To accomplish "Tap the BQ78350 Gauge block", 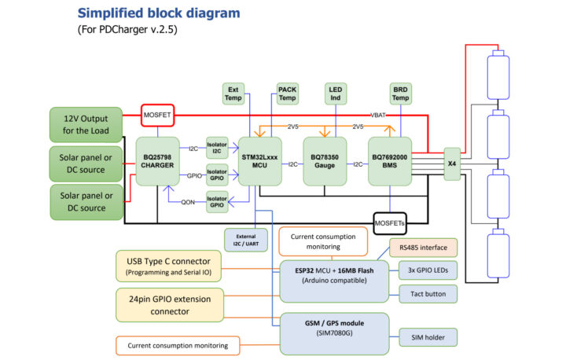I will [x=325, y=160].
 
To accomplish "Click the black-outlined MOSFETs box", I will [x=390, y=222].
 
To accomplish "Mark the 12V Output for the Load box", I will [x=86, y=124].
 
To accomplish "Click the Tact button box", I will [x=428, y=294].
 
